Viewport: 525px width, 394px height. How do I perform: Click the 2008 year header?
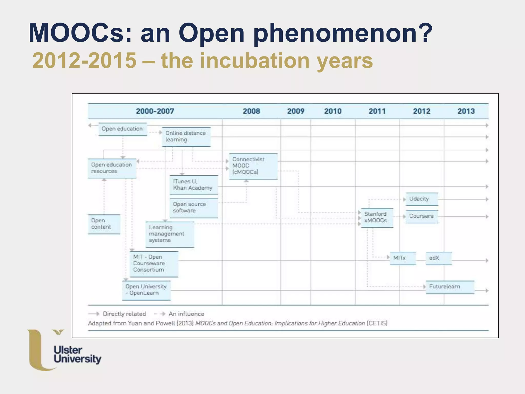point(251,111)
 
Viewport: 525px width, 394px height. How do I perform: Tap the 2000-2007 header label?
point(155,111)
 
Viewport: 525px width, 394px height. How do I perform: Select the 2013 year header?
point(466,111)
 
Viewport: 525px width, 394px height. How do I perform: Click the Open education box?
point(123,129)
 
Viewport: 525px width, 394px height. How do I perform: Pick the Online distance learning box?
point(186,137)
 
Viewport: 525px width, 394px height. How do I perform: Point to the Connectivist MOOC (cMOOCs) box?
point(253,166)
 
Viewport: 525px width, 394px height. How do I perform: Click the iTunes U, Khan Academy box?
point(194,185)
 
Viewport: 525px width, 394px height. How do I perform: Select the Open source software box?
point(194,208)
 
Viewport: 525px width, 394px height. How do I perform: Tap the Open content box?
point(104,224)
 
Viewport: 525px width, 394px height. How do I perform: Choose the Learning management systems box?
point(170,234)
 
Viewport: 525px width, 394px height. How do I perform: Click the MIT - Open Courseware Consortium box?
point(154,264)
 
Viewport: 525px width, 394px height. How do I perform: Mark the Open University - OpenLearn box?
point(146,290)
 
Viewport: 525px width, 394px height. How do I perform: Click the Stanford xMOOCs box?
point(377,218)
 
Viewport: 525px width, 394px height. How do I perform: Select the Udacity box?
point(421,199)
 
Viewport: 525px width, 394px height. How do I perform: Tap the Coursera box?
point(421,216)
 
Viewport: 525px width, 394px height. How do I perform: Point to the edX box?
point(438,258)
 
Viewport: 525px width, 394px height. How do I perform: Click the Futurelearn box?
point(450,287)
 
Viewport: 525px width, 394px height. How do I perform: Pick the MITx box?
point(402,258)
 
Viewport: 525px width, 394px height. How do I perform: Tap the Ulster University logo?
point(64,350)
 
